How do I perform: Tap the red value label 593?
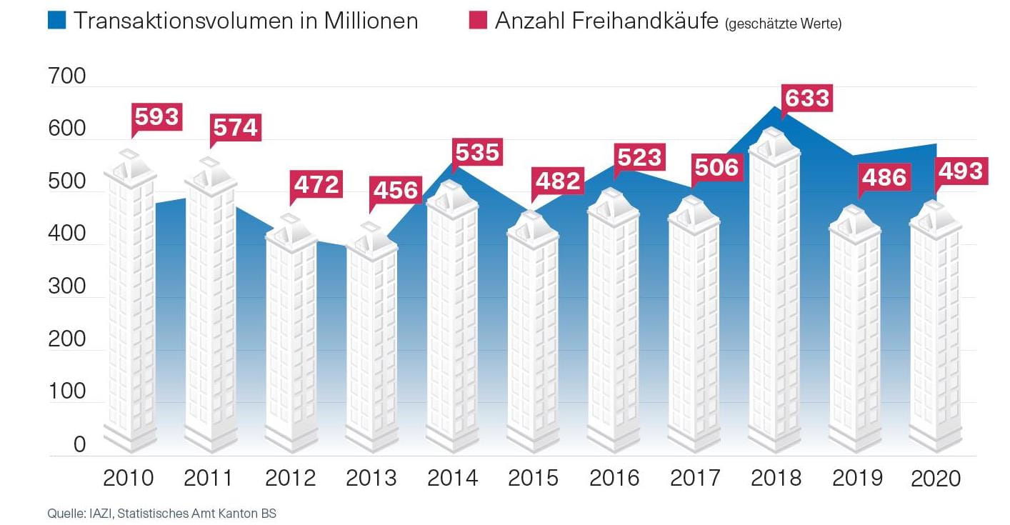(x=157, y=116)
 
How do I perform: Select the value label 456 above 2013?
(x=395, y=190)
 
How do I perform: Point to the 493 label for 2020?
(x=959, y=171)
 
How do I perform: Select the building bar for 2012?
(x=291, y=336)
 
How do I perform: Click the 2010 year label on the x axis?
(x=129, y=478)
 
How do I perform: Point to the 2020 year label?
(x=936, y=478)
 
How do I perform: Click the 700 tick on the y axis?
(x=66, y=76)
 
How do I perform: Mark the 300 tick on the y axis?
(x=66, y=286)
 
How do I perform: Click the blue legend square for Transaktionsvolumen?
(x=57, y=21)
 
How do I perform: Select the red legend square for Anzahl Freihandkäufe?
(x=477, y=21)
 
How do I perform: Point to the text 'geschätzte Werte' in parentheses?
(x=784, y=24)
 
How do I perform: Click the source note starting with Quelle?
(x=161, y=513)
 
